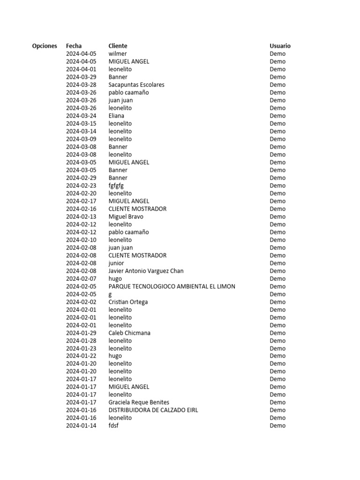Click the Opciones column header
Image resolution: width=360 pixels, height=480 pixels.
click(45, 46)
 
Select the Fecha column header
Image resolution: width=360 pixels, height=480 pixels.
click(74, 46)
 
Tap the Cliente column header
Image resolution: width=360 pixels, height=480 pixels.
click(118, 46)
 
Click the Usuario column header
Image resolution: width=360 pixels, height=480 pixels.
click(280, 46)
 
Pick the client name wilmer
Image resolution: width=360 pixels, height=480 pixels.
click(118, 54)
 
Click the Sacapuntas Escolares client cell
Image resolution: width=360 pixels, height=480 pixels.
click(136, 85)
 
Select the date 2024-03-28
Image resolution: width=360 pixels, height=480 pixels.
click(81, 85)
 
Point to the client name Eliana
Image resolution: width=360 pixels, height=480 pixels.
click(116, 116)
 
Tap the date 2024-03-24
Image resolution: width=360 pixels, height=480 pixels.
click(81, 116)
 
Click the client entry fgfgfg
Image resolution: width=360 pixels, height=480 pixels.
click(116, 186)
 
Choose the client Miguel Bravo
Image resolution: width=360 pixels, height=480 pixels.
click(126, 217)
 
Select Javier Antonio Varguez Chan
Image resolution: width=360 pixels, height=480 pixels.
click(146, 271)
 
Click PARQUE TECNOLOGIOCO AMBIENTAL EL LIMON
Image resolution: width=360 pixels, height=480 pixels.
click(172, 286)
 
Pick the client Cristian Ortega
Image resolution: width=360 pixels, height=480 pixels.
click(128, 302)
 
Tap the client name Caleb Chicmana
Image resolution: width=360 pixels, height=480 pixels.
click(129, 333)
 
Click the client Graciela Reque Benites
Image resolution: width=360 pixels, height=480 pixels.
click(139, 402)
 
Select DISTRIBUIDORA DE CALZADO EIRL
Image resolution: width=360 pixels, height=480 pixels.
click(153, 410)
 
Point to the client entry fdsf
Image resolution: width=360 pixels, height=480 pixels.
click(113, 426)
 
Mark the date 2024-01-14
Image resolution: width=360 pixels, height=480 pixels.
click(81, 426)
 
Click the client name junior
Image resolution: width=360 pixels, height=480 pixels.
click(116, 263)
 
